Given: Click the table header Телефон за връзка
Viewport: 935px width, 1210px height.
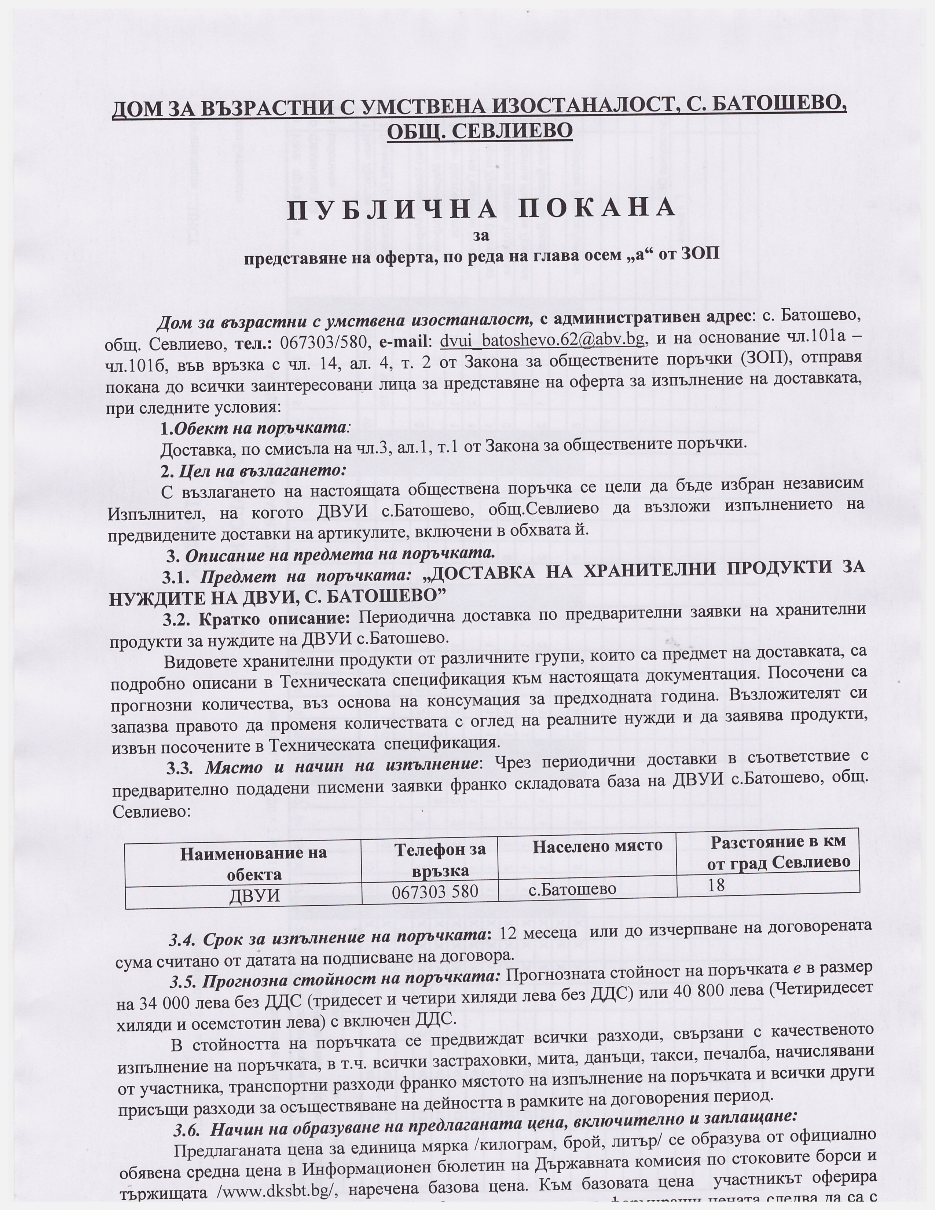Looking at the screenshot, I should coord(440,859).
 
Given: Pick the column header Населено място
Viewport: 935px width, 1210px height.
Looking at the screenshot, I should coord(597,846).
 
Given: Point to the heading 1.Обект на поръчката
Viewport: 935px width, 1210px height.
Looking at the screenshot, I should coord(255,428).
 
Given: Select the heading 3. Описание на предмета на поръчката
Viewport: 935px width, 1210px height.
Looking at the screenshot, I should coord(331,554).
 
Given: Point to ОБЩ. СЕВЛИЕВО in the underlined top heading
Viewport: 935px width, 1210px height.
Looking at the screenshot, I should coord(479,131).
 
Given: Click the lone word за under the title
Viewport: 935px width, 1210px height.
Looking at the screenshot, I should coord(481,235).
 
